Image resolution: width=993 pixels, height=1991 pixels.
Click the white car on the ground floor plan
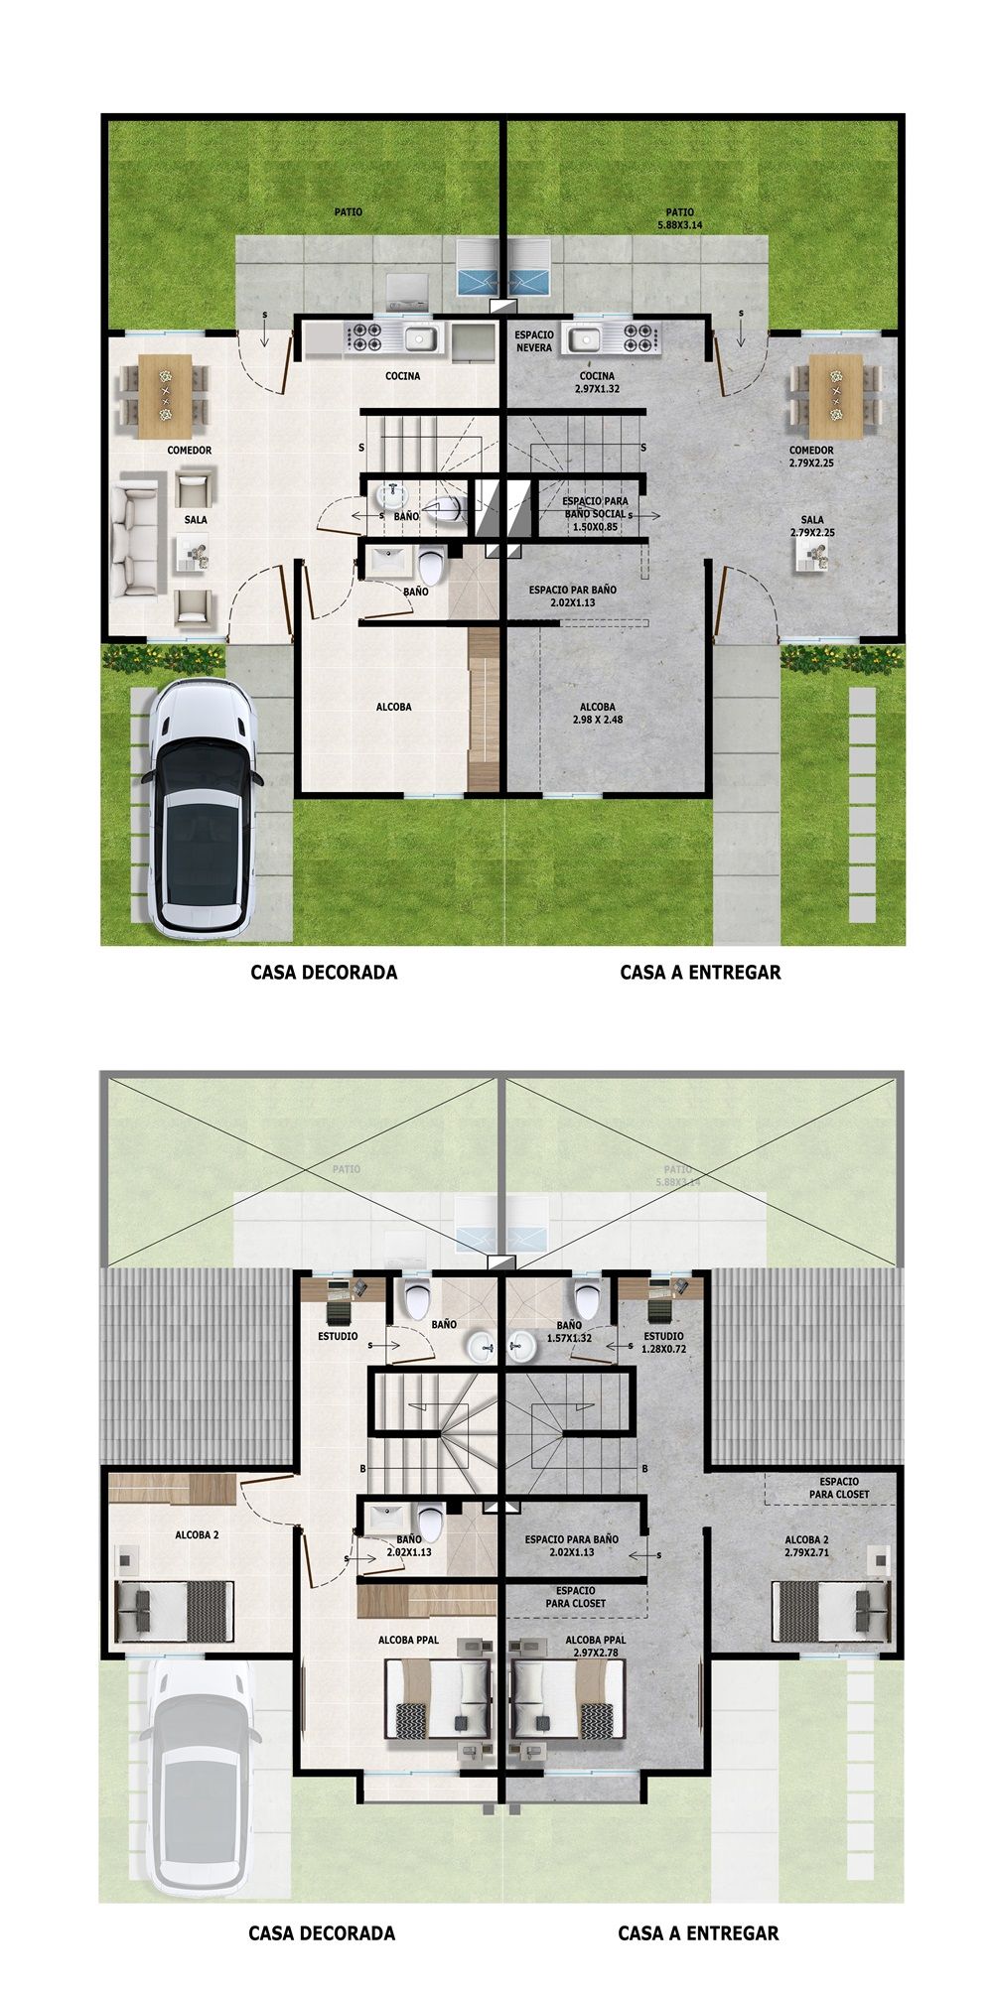[x=203, y=809]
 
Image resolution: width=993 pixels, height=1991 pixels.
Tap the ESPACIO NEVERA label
[x=534, y=341]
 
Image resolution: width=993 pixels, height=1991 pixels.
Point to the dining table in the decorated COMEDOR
[x=165, y=394]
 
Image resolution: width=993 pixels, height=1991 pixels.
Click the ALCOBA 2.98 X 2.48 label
[x=599, y=714]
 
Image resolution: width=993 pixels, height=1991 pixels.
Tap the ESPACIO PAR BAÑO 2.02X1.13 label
[x=572, y=596]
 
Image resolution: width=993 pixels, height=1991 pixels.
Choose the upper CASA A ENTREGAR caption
[x=700, y=973]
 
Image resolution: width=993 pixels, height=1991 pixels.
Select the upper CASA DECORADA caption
[x=324, y=973]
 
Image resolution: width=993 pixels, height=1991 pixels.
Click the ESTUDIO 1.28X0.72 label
[x=663, y=1343]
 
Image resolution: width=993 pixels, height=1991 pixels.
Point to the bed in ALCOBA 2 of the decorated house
[x=175, y=1610]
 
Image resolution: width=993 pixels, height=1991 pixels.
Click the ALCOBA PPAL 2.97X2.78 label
[x=596, y=1647]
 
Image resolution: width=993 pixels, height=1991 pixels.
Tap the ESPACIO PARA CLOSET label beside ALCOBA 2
[x=839, y=1488]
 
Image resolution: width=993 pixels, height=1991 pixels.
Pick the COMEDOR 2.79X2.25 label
[x=811, y=457]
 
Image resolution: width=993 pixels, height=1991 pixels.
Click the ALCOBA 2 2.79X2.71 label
[x=805, y=1545]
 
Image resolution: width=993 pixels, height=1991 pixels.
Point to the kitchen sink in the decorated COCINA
[x=422, y=339]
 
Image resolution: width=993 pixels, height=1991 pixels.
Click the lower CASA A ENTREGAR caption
[x=698, y=1933]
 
